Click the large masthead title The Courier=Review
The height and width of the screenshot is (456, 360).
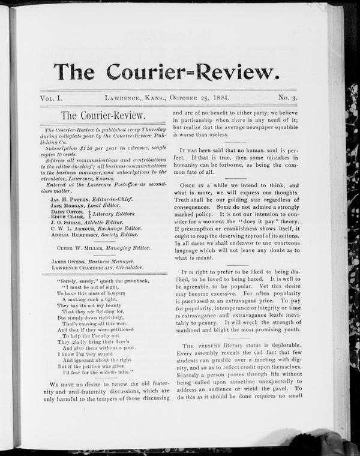(166, 71)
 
